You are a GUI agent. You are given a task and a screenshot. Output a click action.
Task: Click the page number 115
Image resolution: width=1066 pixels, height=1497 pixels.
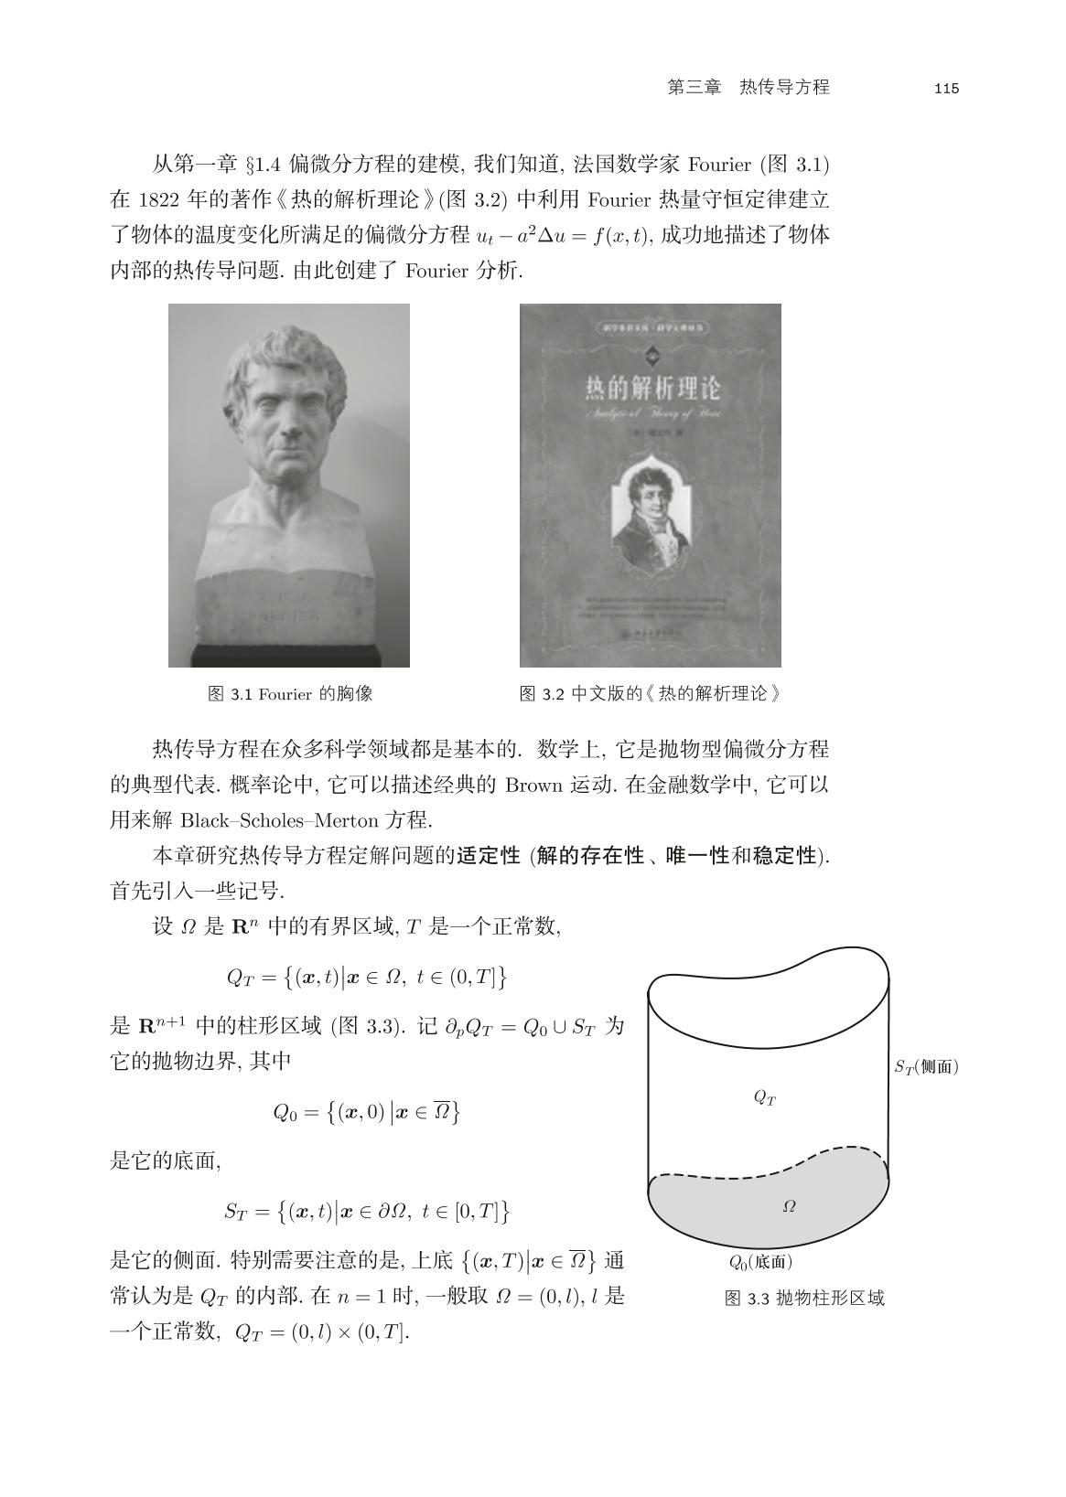946,89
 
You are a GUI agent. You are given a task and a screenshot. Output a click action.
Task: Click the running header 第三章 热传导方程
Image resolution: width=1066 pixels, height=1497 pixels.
748,88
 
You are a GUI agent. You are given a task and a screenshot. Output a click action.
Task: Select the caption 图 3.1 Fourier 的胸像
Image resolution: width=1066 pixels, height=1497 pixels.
290,693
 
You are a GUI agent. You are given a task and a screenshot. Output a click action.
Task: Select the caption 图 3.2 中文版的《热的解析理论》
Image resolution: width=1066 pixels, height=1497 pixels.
651,693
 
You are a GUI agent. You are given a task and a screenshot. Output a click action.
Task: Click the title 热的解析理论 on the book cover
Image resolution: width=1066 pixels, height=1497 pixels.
652,389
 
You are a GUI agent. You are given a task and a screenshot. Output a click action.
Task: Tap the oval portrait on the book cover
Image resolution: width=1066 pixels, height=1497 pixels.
651,517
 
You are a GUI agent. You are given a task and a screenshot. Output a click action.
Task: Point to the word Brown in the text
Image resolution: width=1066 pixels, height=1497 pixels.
533,785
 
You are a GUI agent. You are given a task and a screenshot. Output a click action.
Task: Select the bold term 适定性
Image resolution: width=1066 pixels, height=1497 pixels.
489,856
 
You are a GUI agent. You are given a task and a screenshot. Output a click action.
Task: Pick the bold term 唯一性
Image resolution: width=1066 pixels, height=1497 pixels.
696,856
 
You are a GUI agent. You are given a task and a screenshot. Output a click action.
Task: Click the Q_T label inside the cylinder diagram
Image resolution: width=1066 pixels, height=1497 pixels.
765,1097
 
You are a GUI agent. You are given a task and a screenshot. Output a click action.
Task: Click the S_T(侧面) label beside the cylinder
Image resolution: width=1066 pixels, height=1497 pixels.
926,1066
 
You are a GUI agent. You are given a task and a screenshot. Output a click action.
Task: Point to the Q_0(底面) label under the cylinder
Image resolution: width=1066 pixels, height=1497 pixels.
760,1263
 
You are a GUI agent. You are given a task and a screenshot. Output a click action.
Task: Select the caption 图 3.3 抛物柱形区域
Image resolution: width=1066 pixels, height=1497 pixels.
804,1299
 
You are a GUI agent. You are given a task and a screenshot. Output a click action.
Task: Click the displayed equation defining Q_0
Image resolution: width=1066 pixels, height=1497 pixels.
366,1112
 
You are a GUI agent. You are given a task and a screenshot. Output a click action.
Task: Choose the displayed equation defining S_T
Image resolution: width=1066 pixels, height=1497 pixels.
366,1212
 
